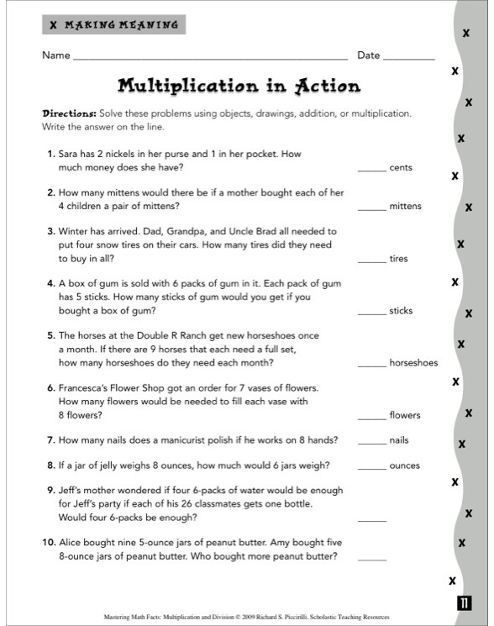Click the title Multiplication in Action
tap(239, 86)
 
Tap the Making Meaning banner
tap(113, 25)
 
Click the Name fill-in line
tap(210, 59)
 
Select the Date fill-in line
tap(409, 59)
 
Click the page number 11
tap(465, 602)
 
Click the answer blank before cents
tap(371, 171)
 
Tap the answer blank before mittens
tap(371, 209)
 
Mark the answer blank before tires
tap(371, 261)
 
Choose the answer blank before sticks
tap(371, 313)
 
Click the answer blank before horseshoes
tap(371, 366)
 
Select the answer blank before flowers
tap(371, 418)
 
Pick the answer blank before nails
tap(371, 443)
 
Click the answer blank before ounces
tap(371, 469)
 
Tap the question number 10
tap(49, 543)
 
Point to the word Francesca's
tap(88, 388)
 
